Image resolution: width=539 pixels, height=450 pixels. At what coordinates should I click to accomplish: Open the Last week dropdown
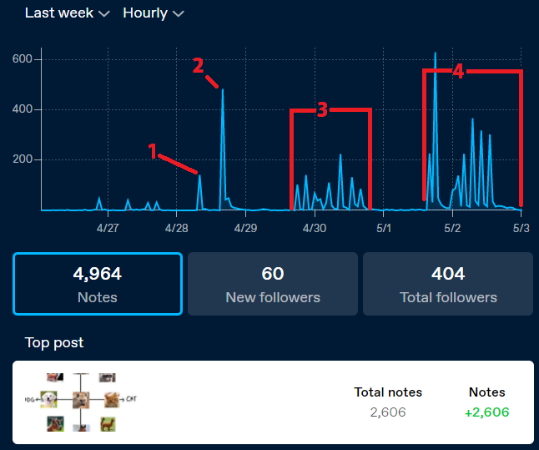67,13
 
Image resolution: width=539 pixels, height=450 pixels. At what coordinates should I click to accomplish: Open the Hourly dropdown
153,13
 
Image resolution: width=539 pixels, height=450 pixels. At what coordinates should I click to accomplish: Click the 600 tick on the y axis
22,59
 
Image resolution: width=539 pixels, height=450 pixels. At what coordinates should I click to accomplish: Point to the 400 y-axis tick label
22,109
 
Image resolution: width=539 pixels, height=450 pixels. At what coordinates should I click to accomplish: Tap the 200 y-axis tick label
22,159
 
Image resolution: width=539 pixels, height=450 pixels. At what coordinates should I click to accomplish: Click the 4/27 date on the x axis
108,227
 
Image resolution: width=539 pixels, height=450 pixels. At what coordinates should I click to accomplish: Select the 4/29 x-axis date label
245,227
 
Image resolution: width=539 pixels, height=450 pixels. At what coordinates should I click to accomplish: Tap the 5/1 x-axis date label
384,227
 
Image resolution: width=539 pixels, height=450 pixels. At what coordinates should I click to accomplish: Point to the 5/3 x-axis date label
521,227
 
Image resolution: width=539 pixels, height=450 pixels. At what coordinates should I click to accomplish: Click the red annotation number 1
153,150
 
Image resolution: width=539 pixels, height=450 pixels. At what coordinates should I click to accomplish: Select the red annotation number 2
198,66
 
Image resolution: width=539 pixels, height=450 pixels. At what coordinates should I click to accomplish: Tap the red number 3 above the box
322,109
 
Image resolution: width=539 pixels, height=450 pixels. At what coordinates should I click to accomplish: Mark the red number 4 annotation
457,71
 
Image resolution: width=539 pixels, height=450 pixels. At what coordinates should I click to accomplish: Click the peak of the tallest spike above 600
436,53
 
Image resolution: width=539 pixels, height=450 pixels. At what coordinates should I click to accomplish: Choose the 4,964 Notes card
98,284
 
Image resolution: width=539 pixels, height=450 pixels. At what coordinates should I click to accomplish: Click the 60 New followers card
273,284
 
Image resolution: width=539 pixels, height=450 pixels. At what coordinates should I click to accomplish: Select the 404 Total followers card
448,284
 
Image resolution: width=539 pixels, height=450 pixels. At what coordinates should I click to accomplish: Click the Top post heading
54,342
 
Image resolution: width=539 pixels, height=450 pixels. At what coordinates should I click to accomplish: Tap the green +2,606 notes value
487,412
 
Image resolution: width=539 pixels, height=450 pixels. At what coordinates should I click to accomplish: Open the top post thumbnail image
81,402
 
